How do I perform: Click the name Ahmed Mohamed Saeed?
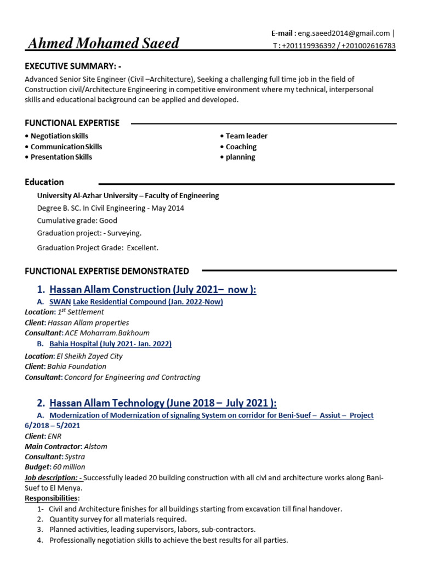click(104, 43)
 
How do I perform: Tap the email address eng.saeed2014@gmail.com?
click(344, 33)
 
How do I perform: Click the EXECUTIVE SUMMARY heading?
click(73, 66)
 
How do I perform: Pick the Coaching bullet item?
click(241, 147)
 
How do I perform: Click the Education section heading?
click(44, 182)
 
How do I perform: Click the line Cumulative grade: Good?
click(77, 221)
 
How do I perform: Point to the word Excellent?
click(143, 248)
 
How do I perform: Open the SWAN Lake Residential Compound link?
click(136, 302)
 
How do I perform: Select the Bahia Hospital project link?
click(110, 344)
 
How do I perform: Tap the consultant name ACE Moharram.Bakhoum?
click(107, 333)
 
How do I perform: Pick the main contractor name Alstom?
click(95, 446)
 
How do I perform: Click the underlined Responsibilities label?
click(52, 498)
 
